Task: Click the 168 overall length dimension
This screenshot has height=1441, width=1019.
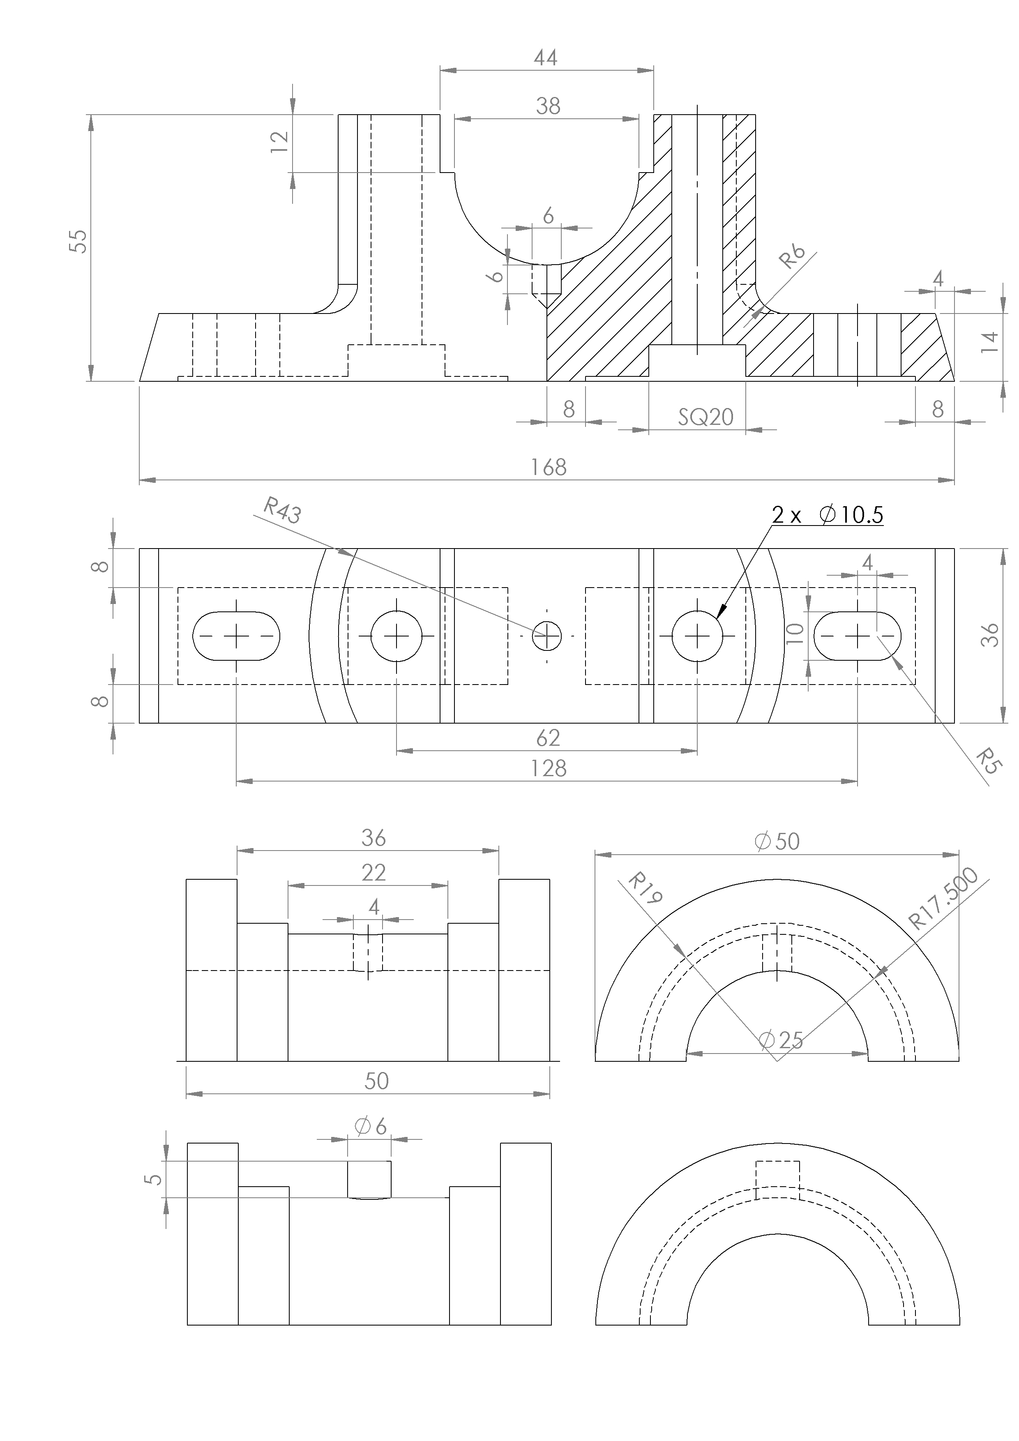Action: coord(548,468)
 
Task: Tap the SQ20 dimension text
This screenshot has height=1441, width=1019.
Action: coord(705,417)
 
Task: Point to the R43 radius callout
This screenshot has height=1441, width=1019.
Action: coord(282,510)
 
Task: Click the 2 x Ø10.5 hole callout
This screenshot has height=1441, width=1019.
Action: coord(827,515)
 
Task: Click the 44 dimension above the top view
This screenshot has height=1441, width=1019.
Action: coord(545,58)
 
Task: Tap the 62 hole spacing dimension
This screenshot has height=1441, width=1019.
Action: coord(548,738)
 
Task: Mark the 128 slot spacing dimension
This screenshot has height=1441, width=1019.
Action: coord(548,768)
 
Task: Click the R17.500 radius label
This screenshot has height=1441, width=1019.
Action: coord(943,898)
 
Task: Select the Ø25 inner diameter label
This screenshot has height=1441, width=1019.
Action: coord(781,1040)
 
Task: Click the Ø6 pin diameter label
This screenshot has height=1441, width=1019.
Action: coord(371,1127)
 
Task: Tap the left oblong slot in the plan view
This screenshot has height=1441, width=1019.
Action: coord(236,636)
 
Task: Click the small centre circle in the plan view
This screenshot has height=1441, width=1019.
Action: coord(546,636)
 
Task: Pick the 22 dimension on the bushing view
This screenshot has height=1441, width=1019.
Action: coord(373,872)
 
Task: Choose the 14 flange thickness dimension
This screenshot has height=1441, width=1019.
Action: coord(989,342)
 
